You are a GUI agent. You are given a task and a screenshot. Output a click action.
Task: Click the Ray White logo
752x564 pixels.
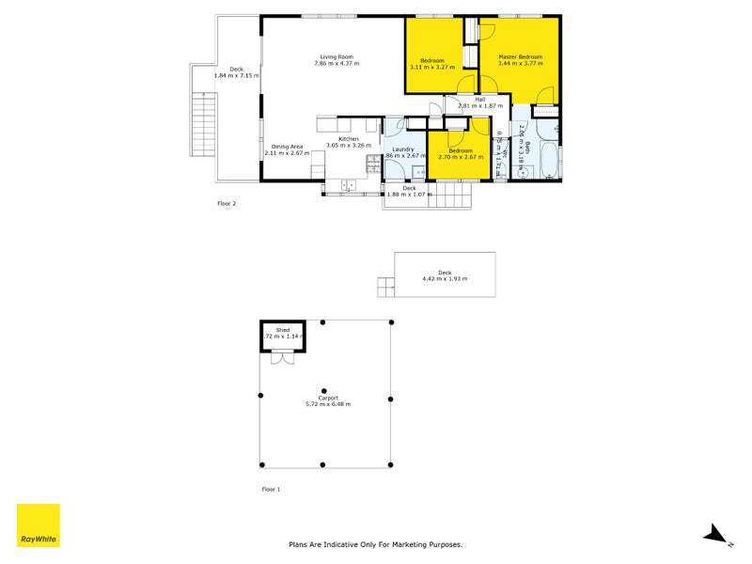pos(39,525)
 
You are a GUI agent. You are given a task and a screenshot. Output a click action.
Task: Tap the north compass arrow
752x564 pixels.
pos(716,535)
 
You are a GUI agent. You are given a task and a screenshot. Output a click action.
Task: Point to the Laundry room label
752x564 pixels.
pos(403,149)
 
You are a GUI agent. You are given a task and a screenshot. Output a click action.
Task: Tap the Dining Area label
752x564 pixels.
pos(287,146)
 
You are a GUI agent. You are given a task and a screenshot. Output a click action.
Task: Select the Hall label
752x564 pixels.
pos(480,99)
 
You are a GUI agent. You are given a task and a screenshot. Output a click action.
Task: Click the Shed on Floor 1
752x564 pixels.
pos(282,335)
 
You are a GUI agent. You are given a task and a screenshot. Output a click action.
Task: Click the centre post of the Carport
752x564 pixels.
pos(323,392)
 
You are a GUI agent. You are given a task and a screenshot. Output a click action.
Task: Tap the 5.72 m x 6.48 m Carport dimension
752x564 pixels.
pos(328,404)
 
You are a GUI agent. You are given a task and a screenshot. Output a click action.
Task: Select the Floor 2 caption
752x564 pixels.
pos(227,202)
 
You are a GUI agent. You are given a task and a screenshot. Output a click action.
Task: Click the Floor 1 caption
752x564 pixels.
pos(271,490)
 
